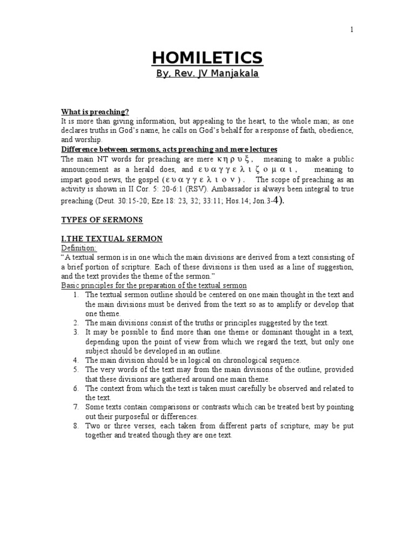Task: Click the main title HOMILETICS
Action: coord(207,57)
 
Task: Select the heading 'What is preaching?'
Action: coord(95,112)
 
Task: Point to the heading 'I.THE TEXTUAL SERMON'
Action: coord(112,238)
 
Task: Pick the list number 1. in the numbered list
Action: coord(76,294)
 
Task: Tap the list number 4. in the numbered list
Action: coord(76,360)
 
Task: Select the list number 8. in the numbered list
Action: coord(76,426)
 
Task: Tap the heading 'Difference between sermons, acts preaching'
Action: coord(169,149)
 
